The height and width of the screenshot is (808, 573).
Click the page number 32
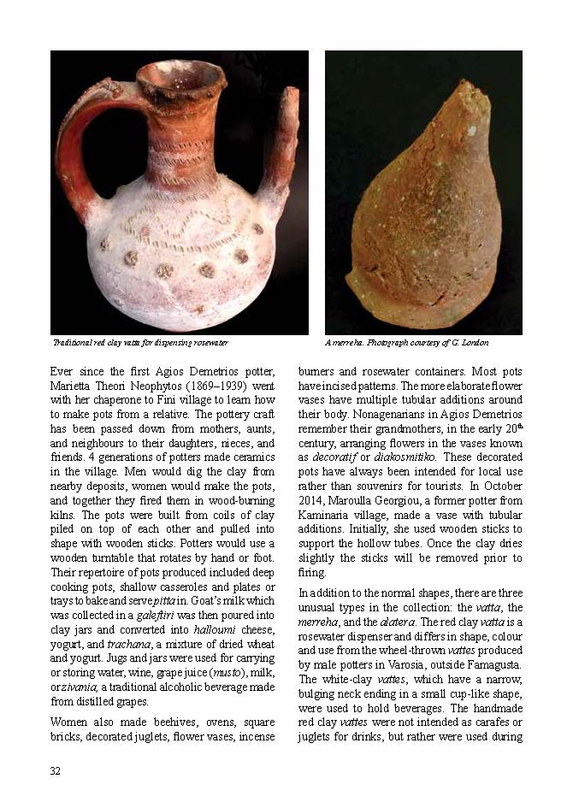point(55,771)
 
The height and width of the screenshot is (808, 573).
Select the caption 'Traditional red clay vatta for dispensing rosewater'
point(140,343)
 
